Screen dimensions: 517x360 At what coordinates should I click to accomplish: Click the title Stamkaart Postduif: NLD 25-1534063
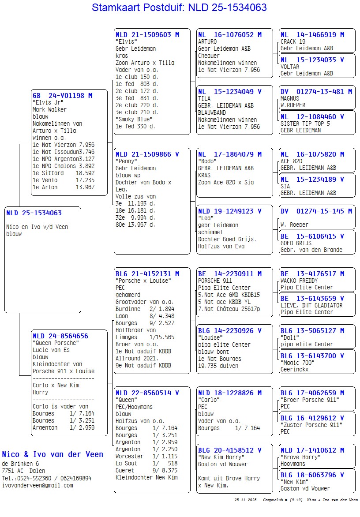pos(179,7)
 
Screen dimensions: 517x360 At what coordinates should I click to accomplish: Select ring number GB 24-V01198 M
pos(62,95)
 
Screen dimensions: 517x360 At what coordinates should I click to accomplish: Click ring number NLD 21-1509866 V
pos(147,154)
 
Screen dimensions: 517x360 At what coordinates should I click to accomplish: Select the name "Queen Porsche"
pos(56,343)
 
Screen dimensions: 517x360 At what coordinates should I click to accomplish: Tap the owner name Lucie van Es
pos(51,350)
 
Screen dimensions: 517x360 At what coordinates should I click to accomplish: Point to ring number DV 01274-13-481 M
pos(316,91)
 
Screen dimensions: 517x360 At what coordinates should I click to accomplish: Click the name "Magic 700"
pos(297,363)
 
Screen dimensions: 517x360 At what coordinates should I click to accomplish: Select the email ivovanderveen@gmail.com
pos(37,485)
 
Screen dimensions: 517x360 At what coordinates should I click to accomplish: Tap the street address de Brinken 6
pos(20,464)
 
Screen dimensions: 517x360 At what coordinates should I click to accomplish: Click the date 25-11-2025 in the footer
pos(245,500)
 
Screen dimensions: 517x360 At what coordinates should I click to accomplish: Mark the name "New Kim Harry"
pos(221,457)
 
